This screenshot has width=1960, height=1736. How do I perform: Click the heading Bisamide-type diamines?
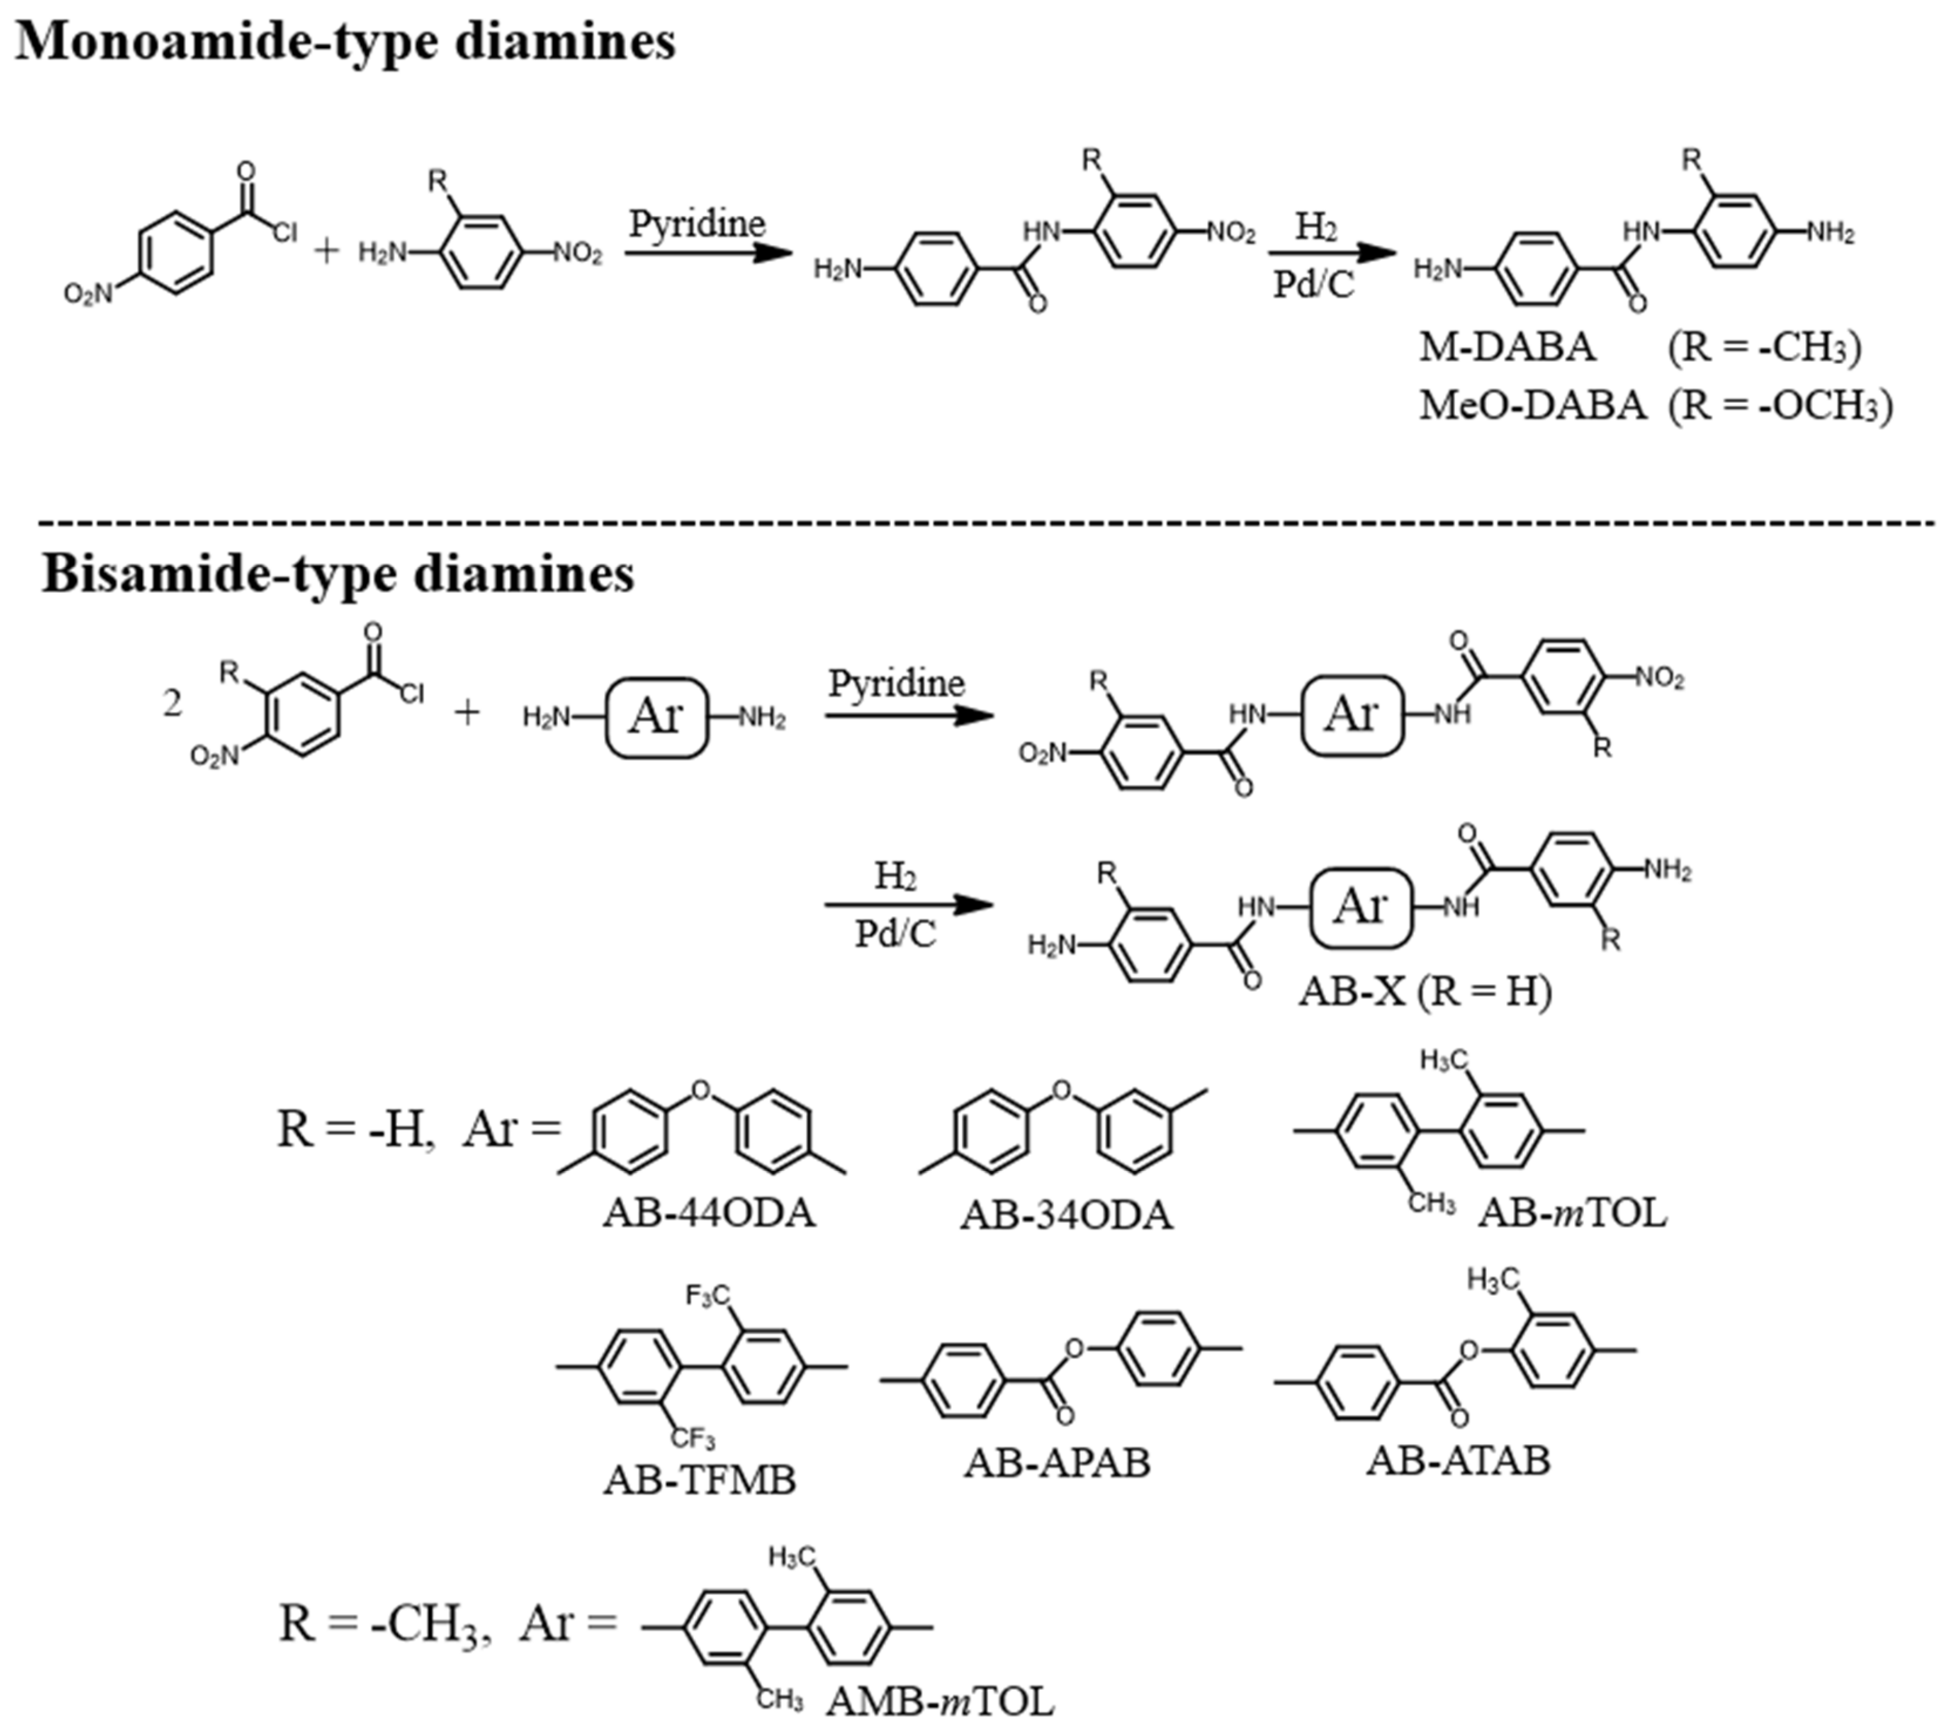tap(337, 574)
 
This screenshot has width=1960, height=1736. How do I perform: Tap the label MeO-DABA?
tap(1532, 405)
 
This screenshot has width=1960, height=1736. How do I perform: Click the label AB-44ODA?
tap(709, 1213)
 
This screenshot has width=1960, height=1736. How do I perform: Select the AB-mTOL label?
tap(1573, 1213)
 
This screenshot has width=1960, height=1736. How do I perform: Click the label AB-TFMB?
tap(700, 1480)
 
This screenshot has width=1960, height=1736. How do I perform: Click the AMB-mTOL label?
tap(939, 1702)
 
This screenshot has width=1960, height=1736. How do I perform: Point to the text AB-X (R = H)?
tap(1425, 991)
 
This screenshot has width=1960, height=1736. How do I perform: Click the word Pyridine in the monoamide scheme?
tap(697, 223)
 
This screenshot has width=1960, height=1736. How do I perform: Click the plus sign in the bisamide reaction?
tap(467, 713)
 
